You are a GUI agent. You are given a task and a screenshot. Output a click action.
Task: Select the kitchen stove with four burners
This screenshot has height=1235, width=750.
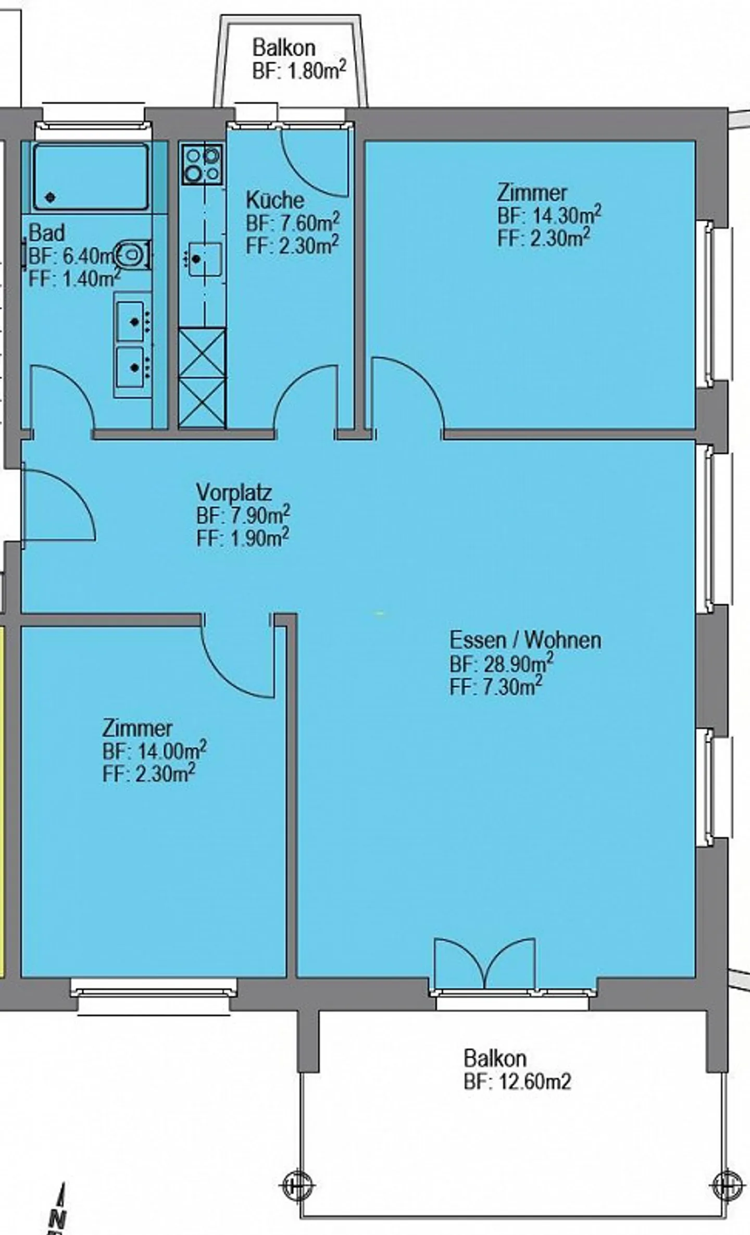pos(203,164)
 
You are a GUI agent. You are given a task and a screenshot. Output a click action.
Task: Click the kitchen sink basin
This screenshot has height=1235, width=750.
pos(205,259)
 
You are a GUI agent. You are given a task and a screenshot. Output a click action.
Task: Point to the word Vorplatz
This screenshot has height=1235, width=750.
pos(234,492)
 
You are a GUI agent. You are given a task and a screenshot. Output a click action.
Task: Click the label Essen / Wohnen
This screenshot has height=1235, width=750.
pos(525,640)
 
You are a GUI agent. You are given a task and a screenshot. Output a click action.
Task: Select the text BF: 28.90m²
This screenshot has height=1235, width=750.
pos(501,663)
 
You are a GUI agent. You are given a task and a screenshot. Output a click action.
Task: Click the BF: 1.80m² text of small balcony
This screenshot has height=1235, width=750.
pos(299,70)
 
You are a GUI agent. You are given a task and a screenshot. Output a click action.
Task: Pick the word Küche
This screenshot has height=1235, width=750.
pos(275,200)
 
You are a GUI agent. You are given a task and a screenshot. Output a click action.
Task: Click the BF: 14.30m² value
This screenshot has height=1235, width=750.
pos(549,215)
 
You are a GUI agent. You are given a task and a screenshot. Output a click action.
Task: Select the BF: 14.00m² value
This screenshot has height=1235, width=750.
pos(154,751)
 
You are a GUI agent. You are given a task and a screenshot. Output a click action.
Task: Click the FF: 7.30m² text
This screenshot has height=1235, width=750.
pos(495,687)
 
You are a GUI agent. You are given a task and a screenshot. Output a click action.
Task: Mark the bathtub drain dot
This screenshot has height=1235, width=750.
pos(51,197)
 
